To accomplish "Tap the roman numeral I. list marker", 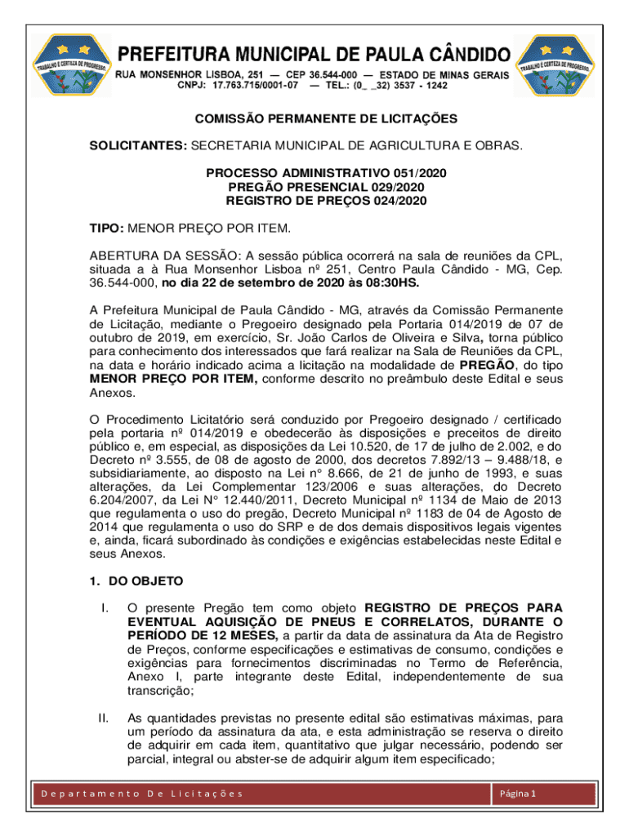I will pos(104,608).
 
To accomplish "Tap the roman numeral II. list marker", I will pos(104,718).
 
